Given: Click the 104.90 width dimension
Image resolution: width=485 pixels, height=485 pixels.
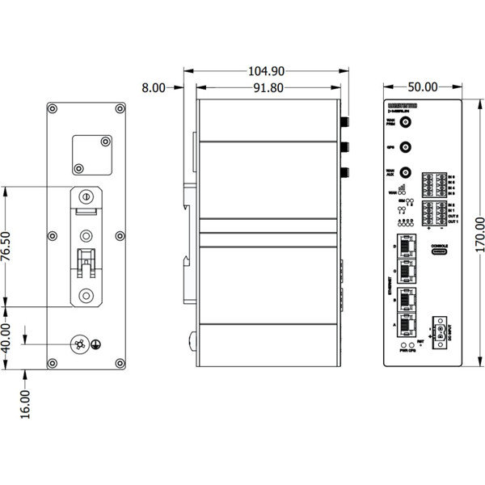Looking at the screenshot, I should click(x=267, y=71).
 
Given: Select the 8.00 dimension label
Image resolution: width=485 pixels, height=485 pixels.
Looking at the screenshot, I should click(x=154, y=87).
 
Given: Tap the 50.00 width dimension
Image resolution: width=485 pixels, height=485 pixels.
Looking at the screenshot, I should click(x=420, y=87).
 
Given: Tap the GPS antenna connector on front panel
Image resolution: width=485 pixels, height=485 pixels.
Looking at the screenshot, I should click(x=407, y=148).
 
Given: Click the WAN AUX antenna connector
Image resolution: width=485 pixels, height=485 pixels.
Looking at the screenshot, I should click(x=407, y=173).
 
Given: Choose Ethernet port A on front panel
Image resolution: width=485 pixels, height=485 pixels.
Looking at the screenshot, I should click(x=407, y=324).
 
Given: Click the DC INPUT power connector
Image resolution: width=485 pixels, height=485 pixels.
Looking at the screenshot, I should click(x=441, y=330).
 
